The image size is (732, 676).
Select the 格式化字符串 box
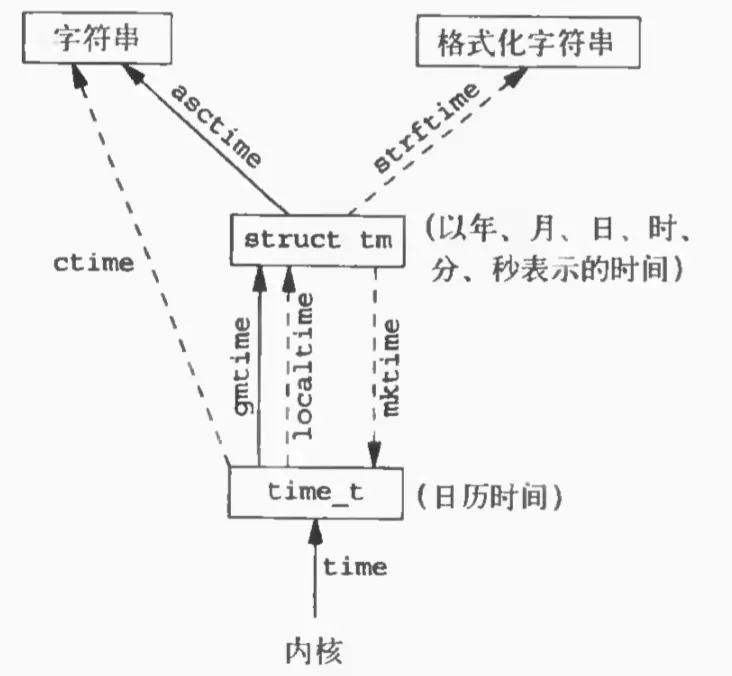coord(525,42)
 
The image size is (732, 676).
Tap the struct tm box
coord(317,240)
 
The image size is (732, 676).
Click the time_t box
coord(315,493)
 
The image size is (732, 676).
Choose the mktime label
coord(393,365)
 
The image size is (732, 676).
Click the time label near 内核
coord(353,567)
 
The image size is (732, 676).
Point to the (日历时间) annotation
coord(487,495)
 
